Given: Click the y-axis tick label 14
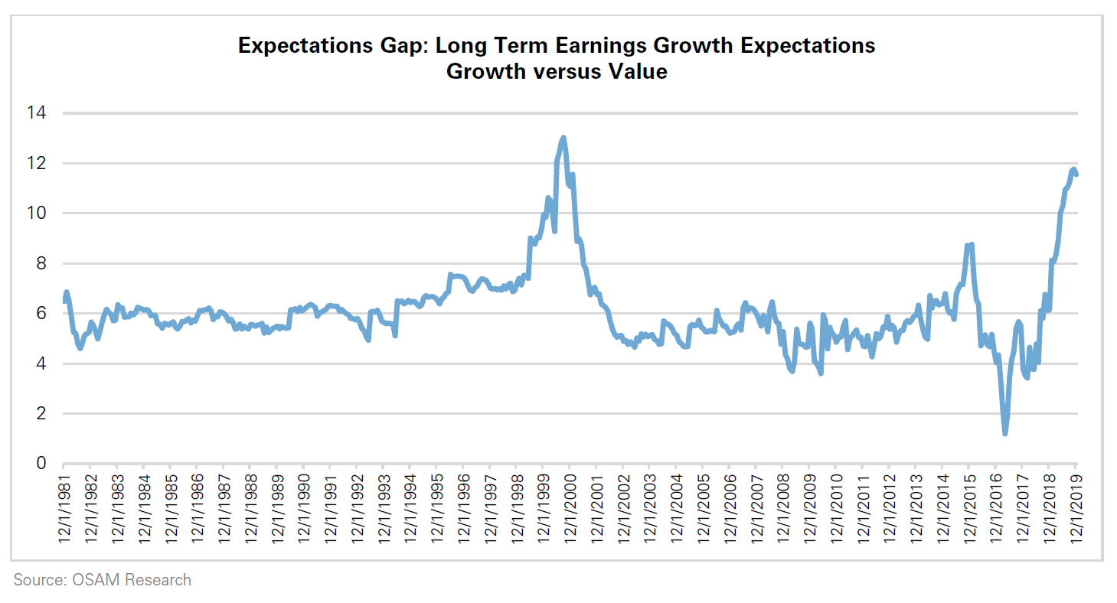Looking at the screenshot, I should (37, 113).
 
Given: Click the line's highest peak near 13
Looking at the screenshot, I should (563, 138).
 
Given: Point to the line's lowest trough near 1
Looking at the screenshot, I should (1004, 434).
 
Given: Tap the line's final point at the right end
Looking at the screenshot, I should (1076, 174).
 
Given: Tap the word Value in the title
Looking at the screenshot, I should (641, 72).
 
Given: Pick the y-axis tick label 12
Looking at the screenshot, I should (37, 163).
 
